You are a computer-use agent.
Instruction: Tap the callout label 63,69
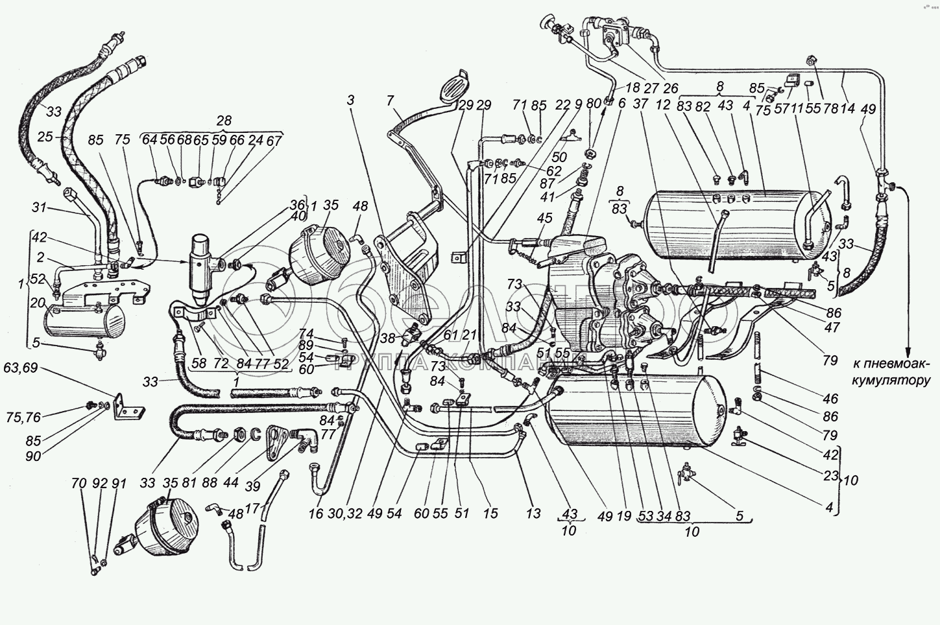click(20, 369)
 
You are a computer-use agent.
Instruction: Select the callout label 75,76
click(27, 410)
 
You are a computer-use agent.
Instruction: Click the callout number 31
click(40, 207)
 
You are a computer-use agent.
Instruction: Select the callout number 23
click(832, 476)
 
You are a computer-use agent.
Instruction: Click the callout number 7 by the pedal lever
click(389, 100)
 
